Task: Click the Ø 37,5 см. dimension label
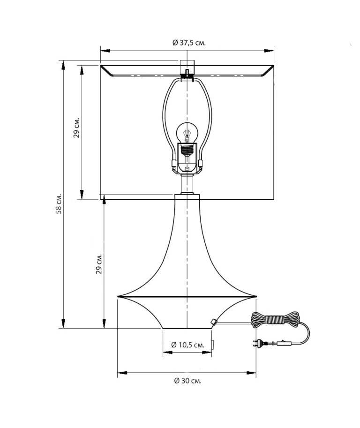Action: point(189,43)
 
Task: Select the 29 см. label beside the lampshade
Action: point(76,128)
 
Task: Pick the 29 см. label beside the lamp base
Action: point(98,264)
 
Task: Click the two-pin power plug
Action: point(258,343)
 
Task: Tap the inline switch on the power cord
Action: point(284,343)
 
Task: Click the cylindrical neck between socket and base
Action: point(187,184)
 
